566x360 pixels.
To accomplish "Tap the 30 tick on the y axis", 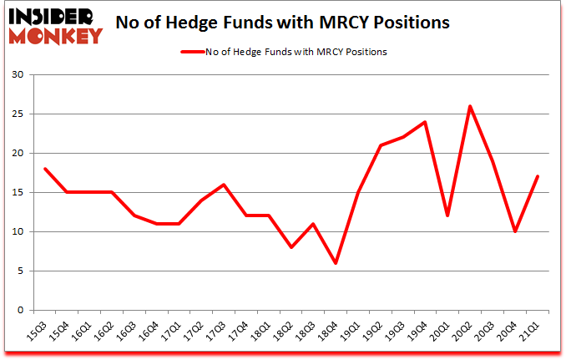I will pyautogui.click(x=18, y=75).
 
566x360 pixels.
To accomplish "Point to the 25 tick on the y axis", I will pyautogui.click(x=18, y=114).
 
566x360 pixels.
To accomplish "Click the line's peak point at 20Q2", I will pyautogui.click(x=471, y=106).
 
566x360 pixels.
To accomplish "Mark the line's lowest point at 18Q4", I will pyautogui.click(x=336, y=263).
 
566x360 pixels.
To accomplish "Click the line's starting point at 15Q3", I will pyautogui.click(x=44, y=169).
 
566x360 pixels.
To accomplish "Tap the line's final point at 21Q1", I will pyautogui.click(x=538, y=176).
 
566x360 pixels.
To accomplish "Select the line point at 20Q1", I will pyautogui.click(x=448, y=215).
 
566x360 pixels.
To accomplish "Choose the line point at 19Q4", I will pyautogui.click(x=426, y=122).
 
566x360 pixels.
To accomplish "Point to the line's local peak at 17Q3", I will pyautogui.click(x=224, y=185).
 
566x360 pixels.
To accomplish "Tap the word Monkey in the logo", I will pyautogui.click(x=55, y=35).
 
